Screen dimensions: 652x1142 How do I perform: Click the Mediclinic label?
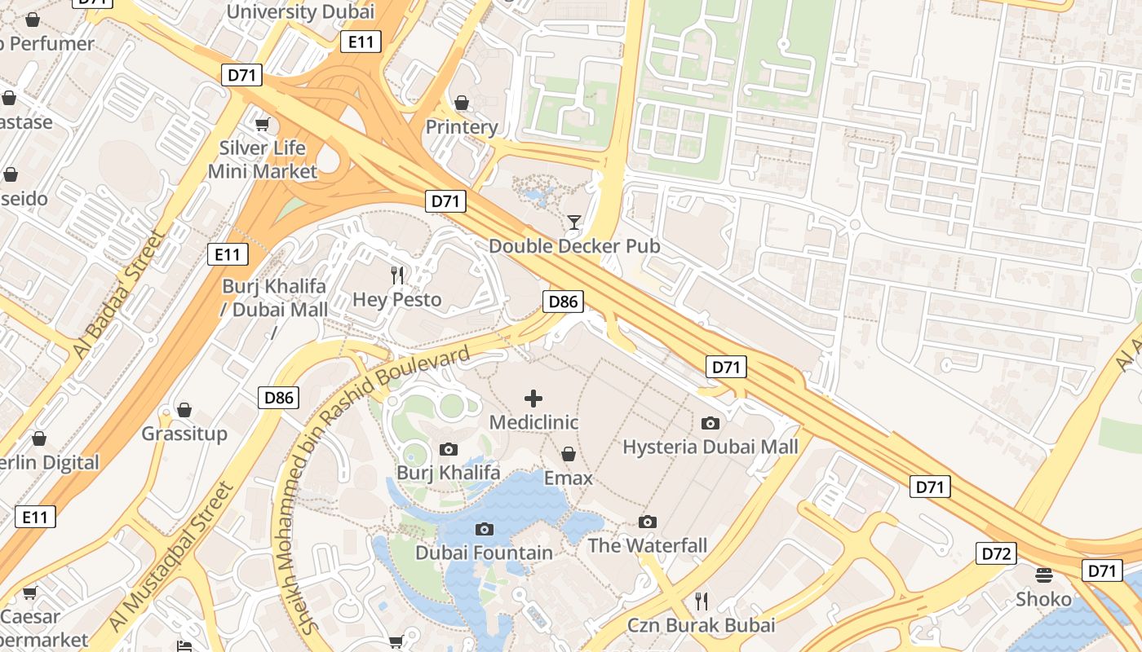click(533, 422)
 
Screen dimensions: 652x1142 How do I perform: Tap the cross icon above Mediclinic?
click(533, 399)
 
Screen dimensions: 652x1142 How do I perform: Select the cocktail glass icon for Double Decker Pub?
click(574, 222)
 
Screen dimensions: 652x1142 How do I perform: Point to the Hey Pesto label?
click(397, 299)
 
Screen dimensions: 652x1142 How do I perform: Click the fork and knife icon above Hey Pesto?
click(397, 275)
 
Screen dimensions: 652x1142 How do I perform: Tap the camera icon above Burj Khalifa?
click(448, 449)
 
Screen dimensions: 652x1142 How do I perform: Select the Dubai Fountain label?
click(484, 553)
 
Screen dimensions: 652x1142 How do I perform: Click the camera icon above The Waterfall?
click(648, 522)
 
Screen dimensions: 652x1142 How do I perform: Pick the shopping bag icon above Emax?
click(569, 454)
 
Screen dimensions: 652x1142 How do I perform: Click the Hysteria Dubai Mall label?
click(710, 447)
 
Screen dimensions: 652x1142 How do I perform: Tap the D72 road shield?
click(996, 554)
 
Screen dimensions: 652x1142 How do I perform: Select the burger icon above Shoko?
click(1043, 575)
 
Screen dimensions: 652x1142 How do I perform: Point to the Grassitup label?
click(184, 433)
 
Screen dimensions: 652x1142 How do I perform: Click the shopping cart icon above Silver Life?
click(262, 125)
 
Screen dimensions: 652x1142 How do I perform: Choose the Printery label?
click(462, 126)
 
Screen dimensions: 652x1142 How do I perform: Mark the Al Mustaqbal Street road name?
click(171, 557)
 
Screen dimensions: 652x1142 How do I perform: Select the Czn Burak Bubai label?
click(701, 625)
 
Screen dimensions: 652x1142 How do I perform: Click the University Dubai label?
click(300, 11)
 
